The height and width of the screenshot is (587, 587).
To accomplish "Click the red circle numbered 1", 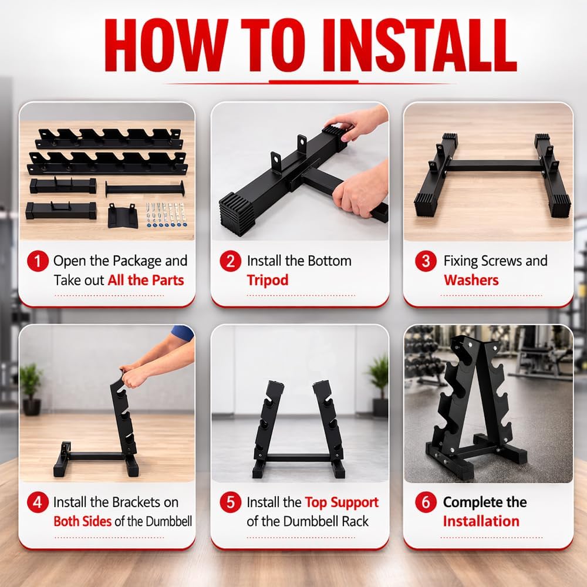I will tap(38, 261).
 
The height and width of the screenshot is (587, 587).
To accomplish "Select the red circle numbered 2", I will tap(231, 261).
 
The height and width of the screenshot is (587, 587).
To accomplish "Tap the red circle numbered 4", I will tap(38, 503).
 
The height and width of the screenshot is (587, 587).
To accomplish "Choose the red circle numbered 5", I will tap(231, 503).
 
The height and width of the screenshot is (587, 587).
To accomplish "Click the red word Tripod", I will tap(268, 280).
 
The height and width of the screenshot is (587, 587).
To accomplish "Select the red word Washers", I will tap(471, 280).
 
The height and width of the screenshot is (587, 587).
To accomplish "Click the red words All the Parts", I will tap(146, 280).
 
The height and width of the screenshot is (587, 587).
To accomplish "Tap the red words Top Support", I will tap(342, 502).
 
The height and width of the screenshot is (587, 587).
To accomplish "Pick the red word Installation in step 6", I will tap(481, 521).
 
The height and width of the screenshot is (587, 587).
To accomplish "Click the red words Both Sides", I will tap(82, 521).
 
